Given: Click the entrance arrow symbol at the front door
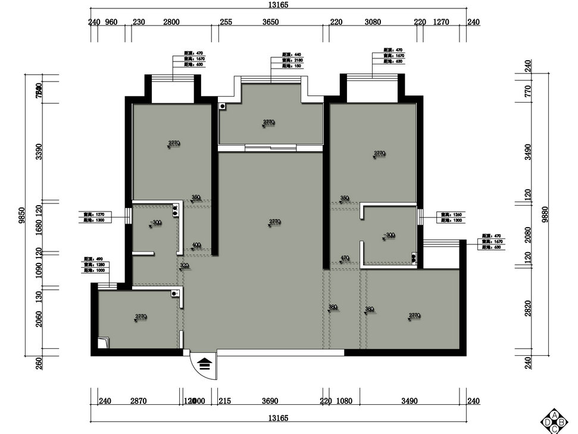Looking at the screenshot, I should [x=205, y=364].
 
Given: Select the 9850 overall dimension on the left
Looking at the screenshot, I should [x=22, y=215].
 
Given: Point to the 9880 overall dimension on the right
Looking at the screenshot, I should [x=545, y=215].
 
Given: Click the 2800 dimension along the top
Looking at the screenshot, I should [x=171, y=22].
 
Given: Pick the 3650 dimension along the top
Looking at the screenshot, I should [x=270, y=22].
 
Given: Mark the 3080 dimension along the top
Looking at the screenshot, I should [x=372, y=22].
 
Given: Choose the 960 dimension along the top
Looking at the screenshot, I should [x=111, y=22].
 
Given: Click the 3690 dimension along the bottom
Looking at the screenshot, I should [x=270, y=402].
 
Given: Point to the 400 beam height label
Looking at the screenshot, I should [x=196, y=245].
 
